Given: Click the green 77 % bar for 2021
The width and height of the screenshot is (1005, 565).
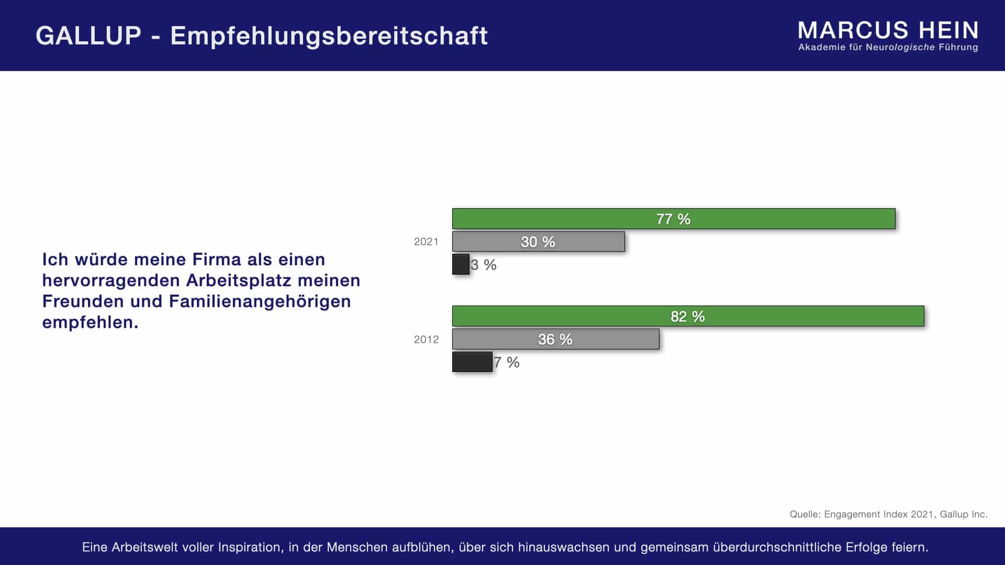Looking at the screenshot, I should [674, 219].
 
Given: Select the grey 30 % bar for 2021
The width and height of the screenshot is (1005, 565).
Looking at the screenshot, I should [538, 242].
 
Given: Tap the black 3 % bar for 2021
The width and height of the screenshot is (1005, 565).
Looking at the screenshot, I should [461, 264].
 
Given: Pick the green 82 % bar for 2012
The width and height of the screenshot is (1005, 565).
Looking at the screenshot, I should [688, 316].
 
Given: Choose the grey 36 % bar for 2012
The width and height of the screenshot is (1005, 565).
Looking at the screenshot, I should [555, 339].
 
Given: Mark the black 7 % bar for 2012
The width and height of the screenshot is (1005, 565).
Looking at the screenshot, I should [472, 361].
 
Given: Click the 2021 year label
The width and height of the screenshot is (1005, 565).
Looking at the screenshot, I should [426, 242].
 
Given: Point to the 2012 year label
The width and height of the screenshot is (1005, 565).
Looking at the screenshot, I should [426, 340].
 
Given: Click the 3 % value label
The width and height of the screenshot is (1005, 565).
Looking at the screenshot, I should [484, 265].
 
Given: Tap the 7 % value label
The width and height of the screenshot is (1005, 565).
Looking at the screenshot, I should [507, 362].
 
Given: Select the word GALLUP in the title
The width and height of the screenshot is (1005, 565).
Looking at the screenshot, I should [88, 36].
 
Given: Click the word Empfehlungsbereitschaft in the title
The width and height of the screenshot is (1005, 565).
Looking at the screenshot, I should [329, 36].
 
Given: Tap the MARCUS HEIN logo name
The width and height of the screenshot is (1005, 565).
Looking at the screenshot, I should [888, 30].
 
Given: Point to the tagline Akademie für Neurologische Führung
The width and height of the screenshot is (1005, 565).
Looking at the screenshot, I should [888, 48].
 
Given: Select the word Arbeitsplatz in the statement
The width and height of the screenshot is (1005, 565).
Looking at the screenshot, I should [239, 280].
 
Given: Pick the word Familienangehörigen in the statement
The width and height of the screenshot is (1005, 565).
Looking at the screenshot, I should [260, 301].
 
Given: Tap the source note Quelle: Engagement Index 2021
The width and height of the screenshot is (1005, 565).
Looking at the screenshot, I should [888, 514].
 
